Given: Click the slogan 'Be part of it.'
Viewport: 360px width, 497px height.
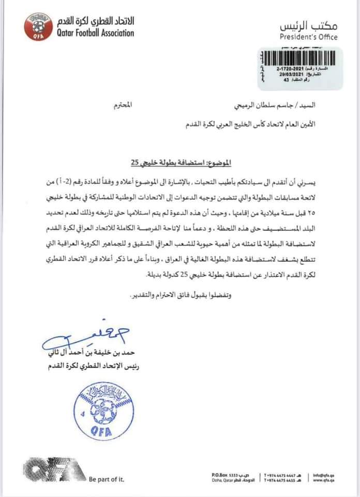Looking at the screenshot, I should [107, 479].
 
